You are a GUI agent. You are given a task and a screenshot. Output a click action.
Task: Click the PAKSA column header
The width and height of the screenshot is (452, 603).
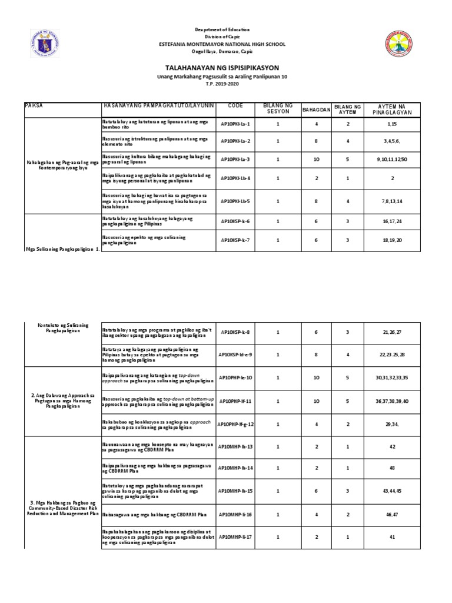tap(35, 104)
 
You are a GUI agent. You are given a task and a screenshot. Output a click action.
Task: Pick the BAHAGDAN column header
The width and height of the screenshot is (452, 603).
tap(316, 109)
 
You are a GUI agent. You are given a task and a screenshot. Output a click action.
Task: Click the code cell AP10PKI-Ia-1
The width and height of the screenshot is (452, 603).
tap(235, 124)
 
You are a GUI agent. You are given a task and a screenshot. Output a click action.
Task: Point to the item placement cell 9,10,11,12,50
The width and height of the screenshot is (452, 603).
tap(392, 160)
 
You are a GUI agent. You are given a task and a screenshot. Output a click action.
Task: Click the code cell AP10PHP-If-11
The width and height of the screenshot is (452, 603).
tap(235, 401)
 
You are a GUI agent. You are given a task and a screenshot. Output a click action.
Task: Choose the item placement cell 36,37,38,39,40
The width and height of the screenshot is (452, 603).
tap(392, 401)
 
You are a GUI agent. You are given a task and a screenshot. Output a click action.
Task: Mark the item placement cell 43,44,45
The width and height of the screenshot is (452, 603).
tap(392, 491)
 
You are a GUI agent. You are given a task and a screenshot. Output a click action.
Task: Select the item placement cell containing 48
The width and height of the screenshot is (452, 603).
tap(392, 468)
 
